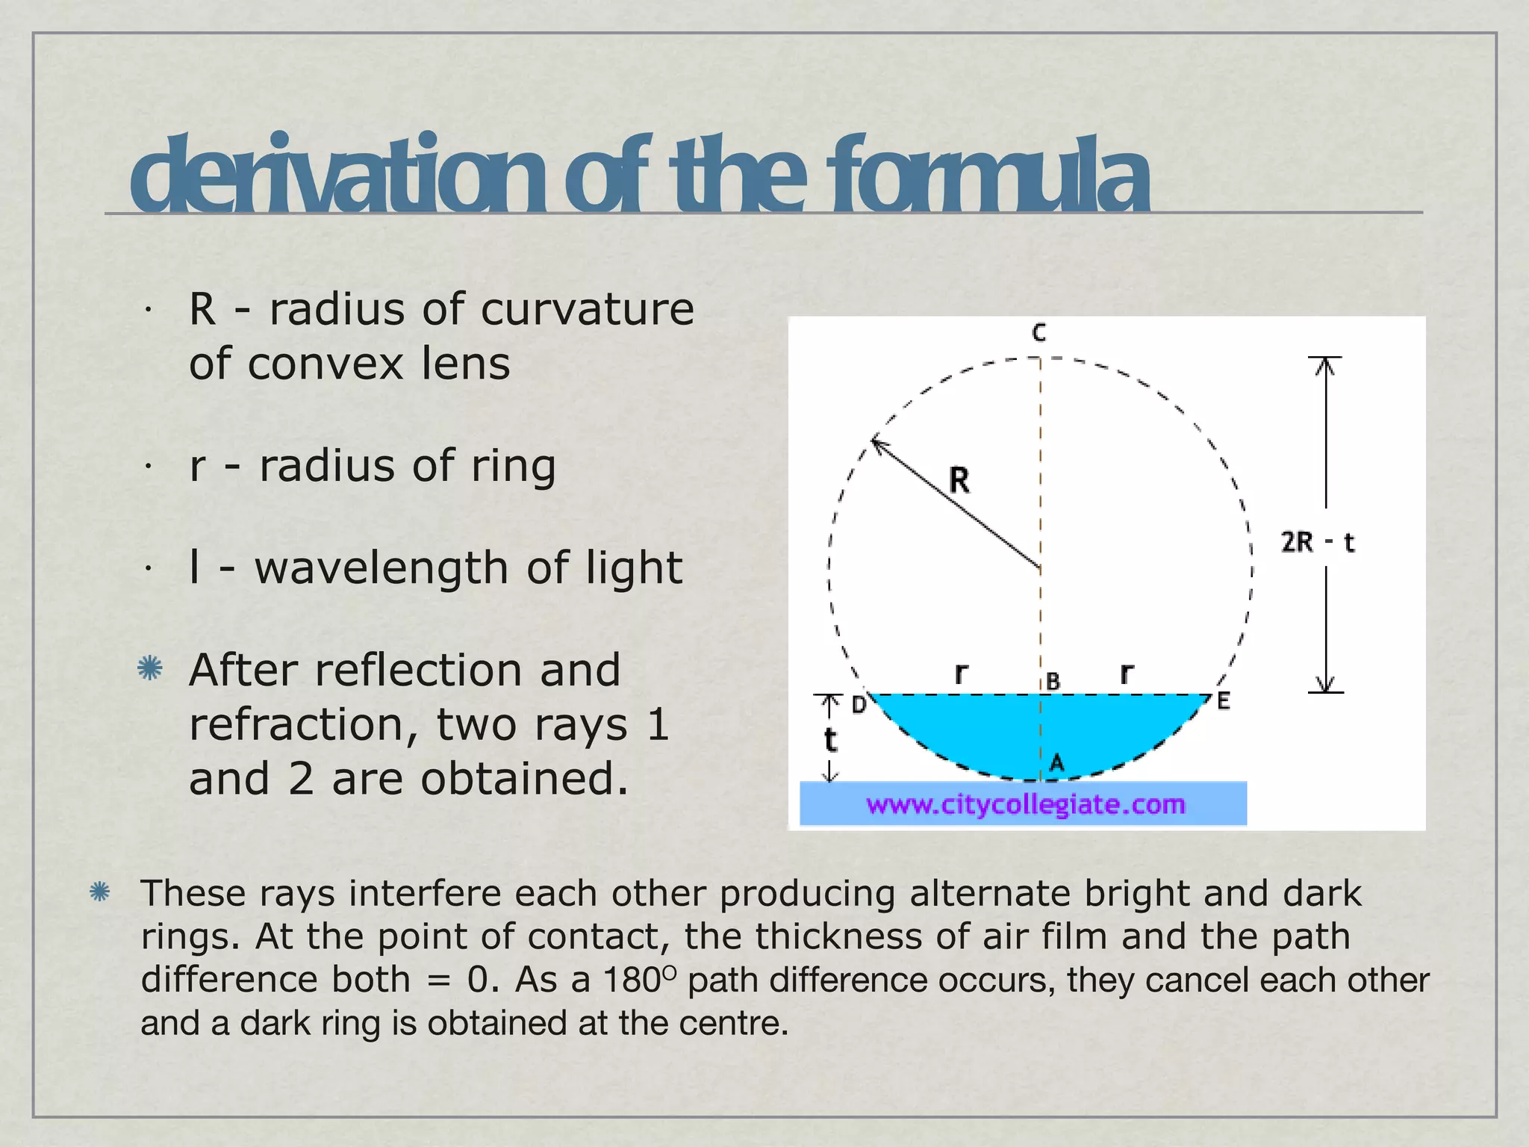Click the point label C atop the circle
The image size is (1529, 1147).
click(1039, 333)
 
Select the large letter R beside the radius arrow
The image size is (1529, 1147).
click(959, 480)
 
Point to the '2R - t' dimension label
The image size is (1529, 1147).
click(1318, 542)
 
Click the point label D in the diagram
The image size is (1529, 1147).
click(859, 704)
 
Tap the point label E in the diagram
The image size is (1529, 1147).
click(1223, 701)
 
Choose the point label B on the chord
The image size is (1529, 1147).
click(1053, 681)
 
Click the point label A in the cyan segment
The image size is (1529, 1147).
click(1056, 763)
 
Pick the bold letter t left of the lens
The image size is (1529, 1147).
click(830, 741)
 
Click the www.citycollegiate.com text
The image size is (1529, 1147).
click(1025, 804)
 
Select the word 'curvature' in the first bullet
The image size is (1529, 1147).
click(587, 309)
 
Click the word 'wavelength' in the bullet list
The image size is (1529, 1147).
click(382, 568)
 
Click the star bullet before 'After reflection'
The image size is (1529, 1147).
click(150, 668)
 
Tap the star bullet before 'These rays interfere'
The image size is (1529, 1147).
click(99, 892)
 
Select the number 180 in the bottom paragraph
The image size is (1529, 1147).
click(632, 980)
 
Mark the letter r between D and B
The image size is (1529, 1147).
click(962, 674)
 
